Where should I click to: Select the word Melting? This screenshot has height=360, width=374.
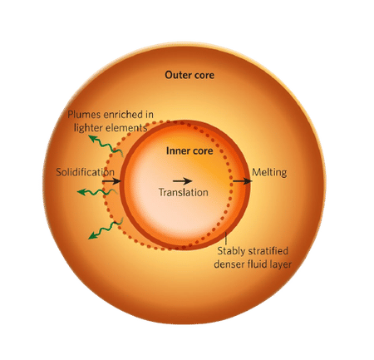(270, 172)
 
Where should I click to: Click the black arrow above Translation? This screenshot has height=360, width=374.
(181, 180)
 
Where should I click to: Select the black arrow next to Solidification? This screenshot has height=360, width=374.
(114, 179)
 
